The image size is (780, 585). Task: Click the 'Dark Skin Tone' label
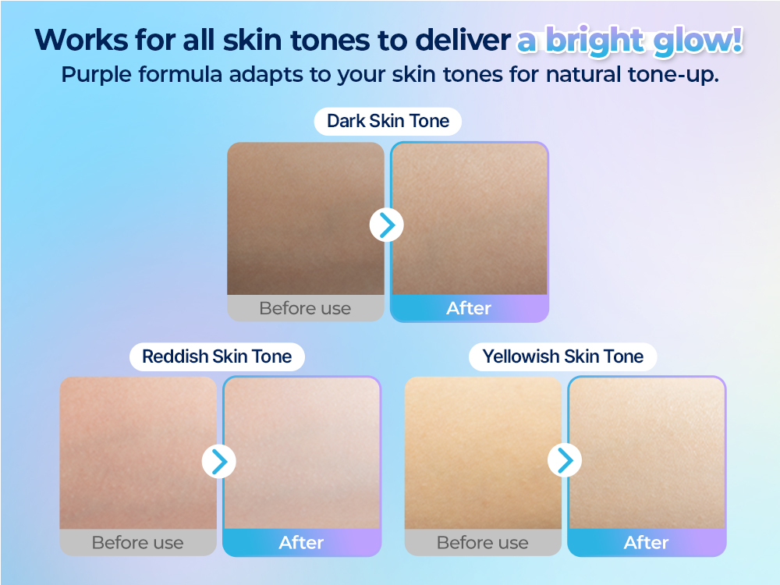click(x=388, y=122)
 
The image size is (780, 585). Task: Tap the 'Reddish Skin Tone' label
click(x=217, y=357)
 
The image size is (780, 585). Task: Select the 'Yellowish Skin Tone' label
click(x=562, y=357)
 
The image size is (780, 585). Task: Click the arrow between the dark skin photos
click(x=386, y=225)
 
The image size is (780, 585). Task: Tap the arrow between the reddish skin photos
click(x=219, y=462)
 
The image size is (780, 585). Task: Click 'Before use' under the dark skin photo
click(x=305, y=308)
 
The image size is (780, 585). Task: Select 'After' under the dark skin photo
click(x=469, y=308)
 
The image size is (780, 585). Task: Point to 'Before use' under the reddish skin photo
click(x=138, y=543)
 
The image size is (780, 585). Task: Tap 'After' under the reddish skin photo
click(x=301, y=543)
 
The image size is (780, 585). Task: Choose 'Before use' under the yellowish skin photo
click(x=483, y=543)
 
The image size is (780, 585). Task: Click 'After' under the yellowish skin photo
click(x=647, y=543)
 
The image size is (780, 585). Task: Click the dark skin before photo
click(x=305, y=218)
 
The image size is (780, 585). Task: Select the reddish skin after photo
click(x=302, y=452)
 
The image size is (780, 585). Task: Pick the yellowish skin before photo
click(x=483, y=452)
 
